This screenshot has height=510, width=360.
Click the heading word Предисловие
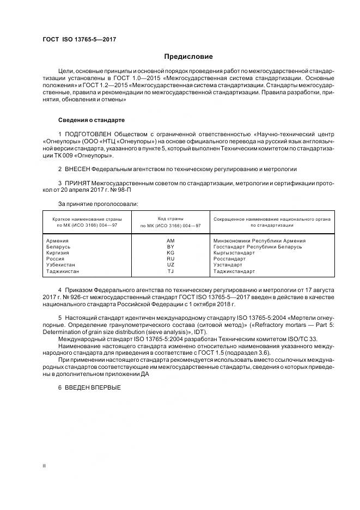tap(188, 56)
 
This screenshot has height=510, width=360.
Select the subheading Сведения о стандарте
tap(91, 119)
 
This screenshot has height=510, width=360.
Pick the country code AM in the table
tap(170, 240)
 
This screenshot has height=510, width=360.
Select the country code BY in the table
tap(170, 247)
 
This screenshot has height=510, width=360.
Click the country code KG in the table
tap(170, 253)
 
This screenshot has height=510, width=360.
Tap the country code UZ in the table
tap(170, 265)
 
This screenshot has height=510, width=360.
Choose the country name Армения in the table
tap(58, 240)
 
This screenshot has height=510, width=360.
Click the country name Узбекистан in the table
tap(62, 265)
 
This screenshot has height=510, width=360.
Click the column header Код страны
tap(170, 218)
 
